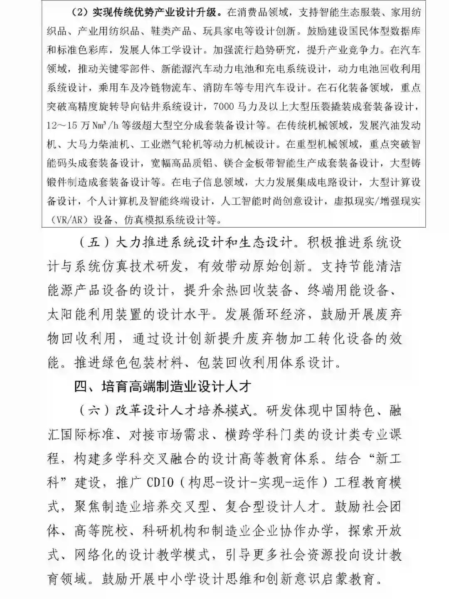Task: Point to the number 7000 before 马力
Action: click(222, 107)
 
